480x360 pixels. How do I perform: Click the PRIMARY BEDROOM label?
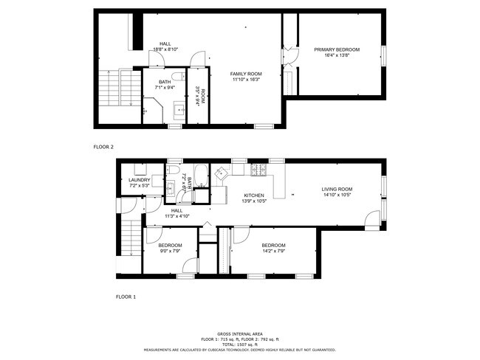337,49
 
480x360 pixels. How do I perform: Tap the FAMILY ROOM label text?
246,74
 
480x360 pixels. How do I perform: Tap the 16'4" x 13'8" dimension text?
337,55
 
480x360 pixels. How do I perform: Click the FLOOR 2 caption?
103,147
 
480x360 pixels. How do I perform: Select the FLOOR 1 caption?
126,297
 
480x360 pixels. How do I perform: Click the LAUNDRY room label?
139,180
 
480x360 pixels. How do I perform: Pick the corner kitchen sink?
222,174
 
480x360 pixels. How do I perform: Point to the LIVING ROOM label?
336,189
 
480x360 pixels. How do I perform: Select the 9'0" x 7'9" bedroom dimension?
171,251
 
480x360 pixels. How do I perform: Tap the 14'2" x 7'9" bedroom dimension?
273,251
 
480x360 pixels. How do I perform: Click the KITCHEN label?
254,195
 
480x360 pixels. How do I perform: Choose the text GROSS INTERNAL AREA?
240,333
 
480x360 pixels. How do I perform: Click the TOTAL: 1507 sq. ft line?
240,344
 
